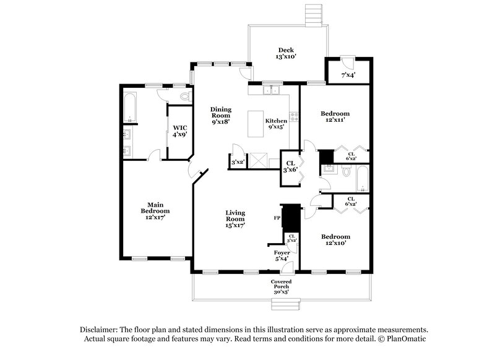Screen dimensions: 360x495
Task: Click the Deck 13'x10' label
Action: pos(285,53)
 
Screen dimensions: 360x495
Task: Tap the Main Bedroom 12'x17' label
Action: pos(155,210)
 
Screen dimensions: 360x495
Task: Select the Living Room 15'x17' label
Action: pos(235,219)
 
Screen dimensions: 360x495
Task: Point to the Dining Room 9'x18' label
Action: pos(220,115)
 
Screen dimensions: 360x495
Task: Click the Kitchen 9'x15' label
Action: pos(275,124)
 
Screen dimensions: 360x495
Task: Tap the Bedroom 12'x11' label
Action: pos(335,117)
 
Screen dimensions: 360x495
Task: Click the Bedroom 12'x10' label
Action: pos(335,240)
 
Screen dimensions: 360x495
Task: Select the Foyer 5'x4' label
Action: pos(282,256)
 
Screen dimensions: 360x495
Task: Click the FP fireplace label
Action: pos(277,218)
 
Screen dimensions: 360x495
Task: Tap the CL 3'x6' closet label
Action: pos(290,166)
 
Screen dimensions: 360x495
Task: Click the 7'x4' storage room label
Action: pos(348,75)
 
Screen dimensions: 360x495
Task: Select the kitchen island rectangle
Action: pos(256,124)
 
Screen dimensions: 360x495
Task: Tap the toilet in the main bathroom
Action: pos(184,98)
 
